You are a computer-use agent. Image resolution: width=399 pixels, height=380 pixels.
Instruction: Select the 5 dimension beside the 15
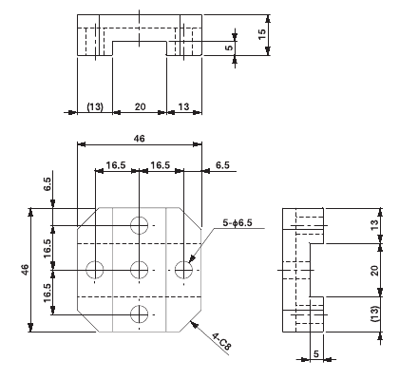[x=228, y=47]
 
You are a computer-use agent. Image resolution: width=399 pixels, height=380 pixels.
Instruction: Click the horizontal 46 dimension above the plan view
[x=139, y=139]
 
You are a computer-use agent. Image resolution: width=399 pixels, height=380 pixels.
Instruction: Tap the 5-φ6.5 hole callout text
[x=238, y=223]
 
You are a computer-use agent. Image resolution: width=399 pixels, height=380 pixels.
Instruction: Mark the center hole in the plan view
[x=139, y=269]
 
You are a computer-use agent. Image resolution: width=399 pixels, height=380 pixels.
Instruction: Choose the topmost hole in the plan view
[x=140, y=225]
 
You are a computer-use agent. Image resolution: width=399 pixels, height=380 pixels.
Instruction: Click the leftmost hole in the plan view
[x=95, y=269]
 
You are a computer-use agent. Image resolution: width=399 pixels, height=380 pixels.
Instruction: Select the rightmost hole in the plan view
[x=182, y=269]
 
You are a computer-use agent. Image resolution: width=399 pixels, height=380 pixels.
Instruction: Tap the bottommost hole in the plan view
[x=140, y=313]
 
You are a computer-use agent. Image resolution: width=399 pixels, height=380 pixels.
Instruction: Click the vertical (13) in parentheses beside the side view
[x=372, y=313]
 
